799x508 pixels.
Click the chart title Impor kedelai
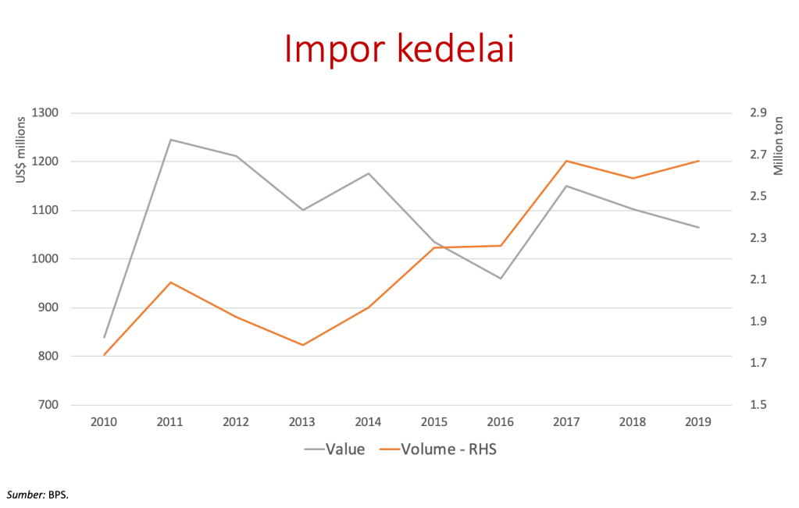pyautogui.click(x=399, y=48)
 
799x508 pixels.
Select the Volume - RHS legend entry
pyautogui.click(x=449, y=449)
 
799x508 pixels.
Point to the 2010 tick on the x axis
pyautogui.click(x=104, y=421)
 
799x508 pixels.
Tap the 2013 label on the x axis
pyautogui.click(x=302, y=421)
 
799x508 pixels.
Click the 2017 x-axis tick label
pyautogui.click(x=566, y=421)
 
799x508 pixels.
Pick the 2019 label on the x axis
pyautogui.click(x=698, y=421)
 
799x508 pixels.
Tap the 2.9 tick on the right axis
pyautogui.click(x=758, y=113)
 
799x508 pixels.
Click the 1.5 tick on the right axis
pyautogui.click(x=758, y=405)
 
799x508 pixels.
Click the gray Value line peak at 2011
pyautogui.click(x=170, y=140)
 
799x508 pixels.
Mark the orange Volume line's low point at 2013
pyautogui.click(x=302, y=345)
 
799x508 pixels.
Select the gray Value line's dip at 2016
pyautogui.click(x=500, y=279)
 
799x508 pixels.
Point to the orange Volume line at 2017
pyautogui.click(x=566, y=162)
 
